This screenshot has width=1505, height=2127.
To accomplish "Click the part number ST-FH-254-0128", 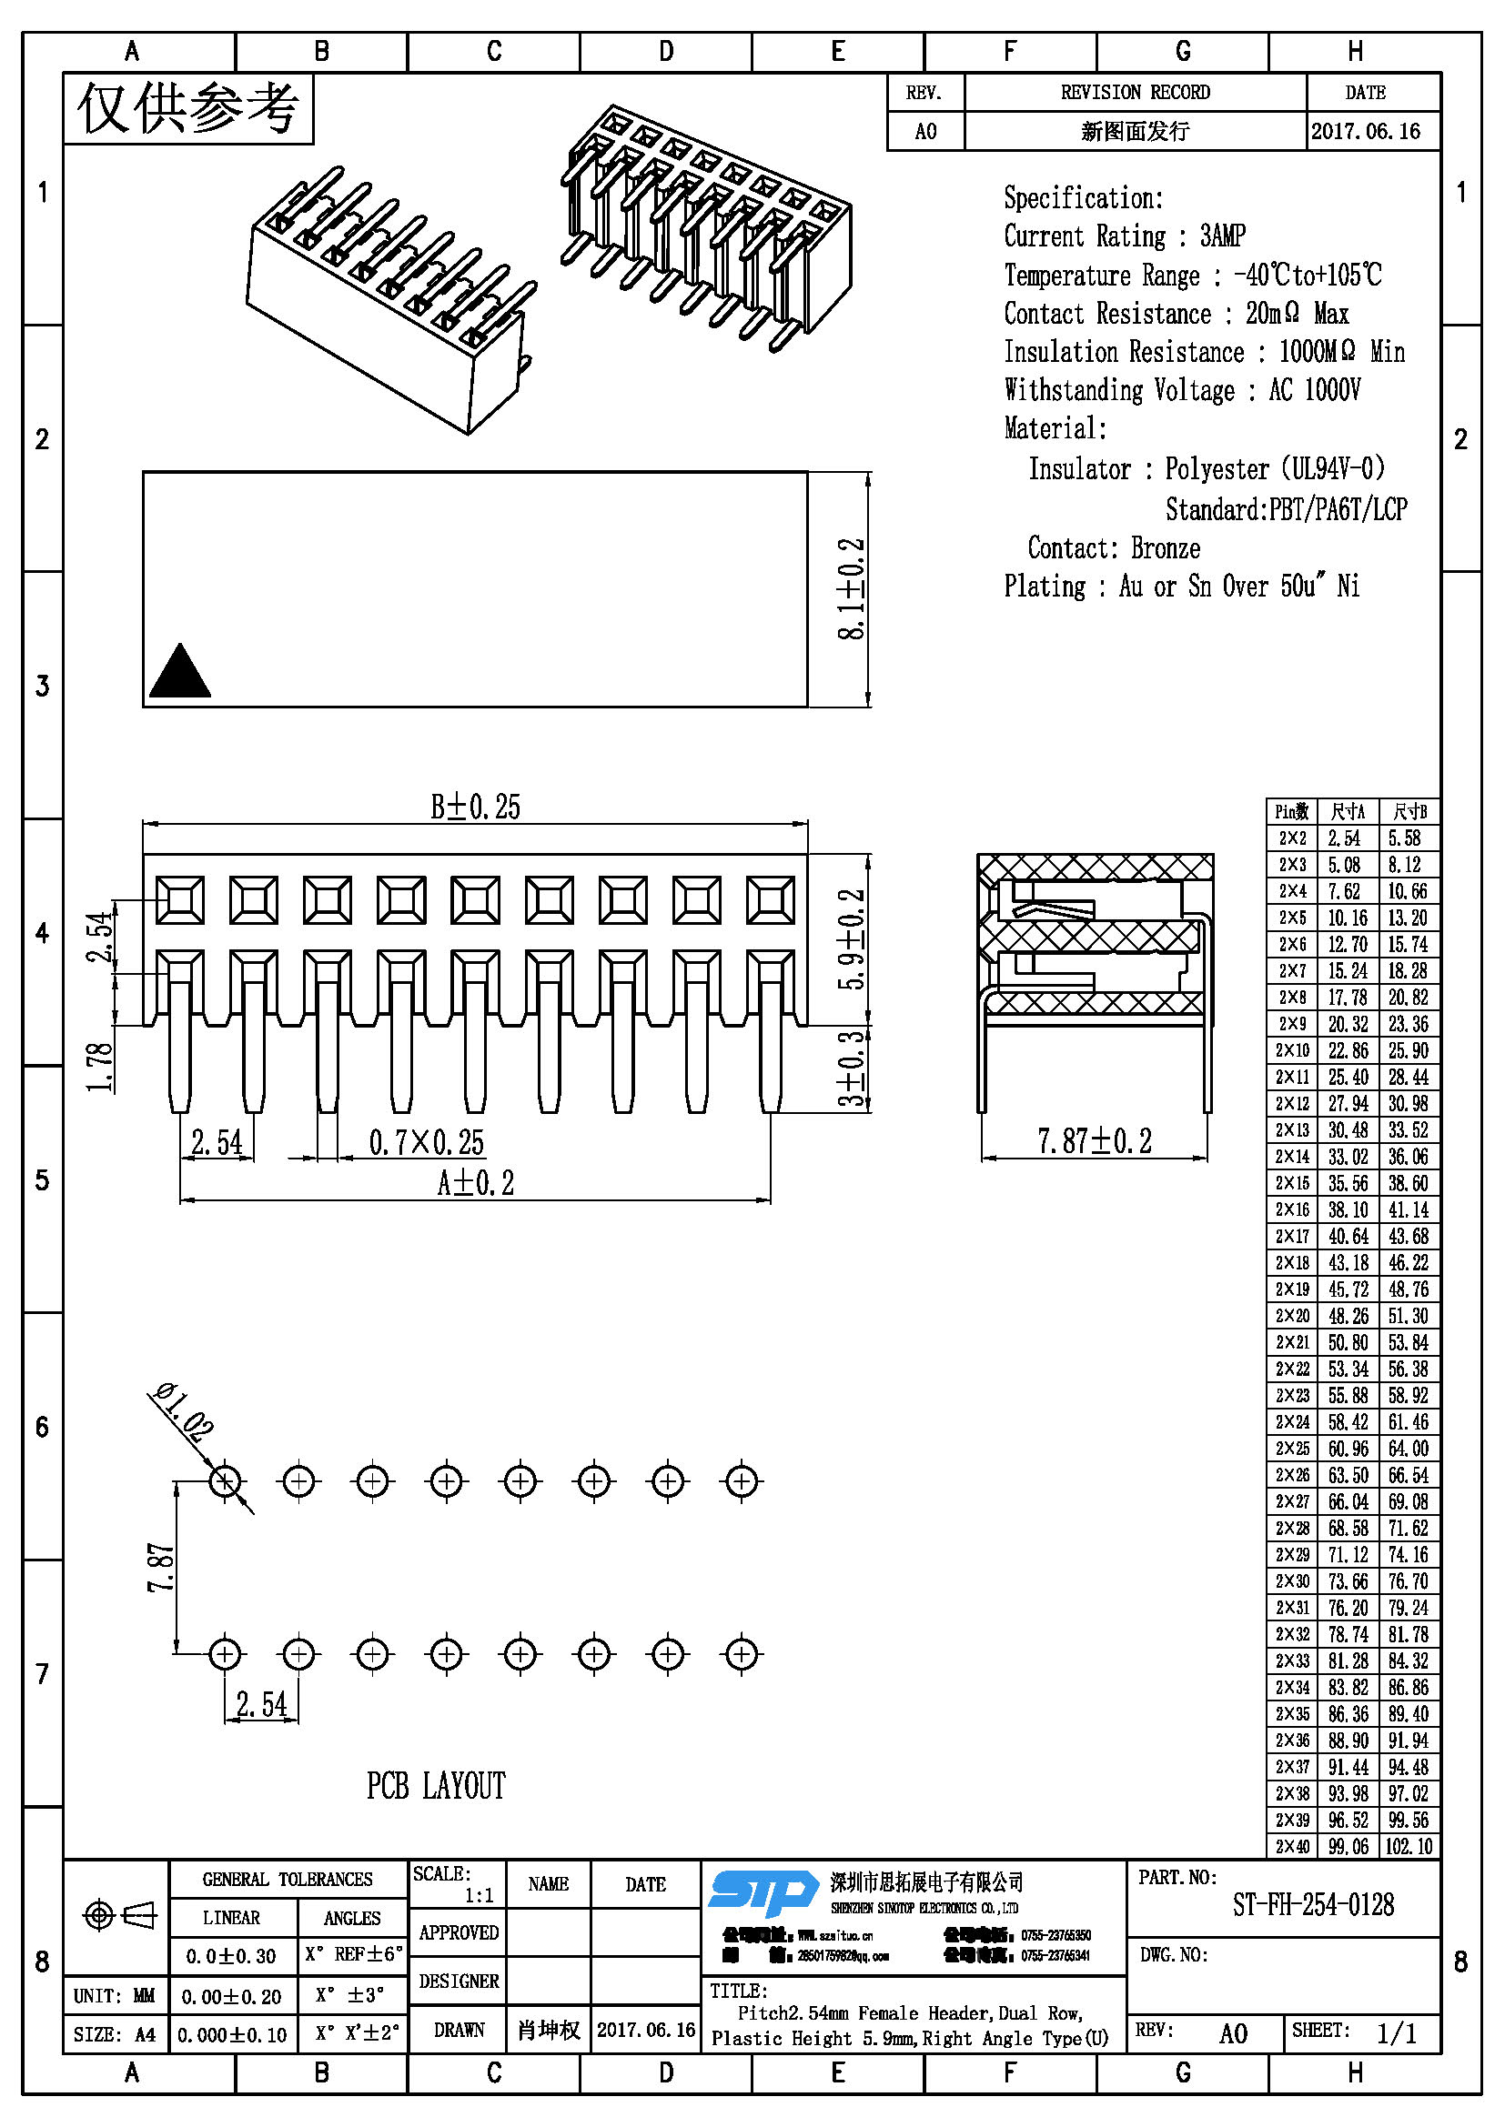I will pos(1312,1905).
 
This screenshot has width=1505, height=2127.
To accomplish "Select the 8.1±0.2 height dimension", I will pos(851,588).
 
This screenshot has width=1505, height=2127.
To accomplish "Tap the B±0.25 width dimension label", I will pos(474,807).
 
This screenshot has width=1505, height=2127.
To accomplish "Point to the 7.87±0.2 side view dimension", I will pos(1094,1141).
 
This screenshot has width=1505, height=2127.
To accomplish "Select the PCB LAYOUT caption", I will pos(436,1786).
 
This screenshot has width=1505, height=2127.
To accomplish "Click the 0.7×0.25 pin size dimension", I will pos(426,1142).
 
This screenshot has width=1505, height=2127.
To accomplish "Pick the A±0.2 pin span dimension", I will pos(474,1183).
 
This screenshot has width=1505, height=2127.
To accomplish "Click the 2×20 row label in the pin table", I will pos(1292,1317).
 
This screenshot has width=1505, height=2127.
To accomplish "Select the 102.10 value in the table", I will pos(1409,1846).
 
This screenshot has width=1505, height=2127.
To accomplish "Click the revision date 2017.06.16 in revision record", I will pos(1365,132).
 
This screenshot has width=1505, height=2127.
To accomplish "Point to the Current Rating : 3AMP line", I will pos(1124,236).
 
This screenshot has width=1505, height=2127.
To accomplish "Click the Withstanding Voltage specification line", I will pos(1182,390).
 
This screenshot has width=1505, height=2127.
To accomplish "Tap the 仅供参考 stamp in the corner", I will pos(188,109).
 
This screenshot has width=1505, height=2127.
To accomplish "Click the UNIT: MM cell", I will pos(114,1995).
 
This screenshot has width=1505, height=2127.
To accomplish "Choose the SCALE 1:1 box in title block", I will pos(457,1884).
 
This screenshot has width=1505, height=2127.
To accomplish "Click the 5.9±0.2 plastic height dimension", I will pos(851,939).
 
